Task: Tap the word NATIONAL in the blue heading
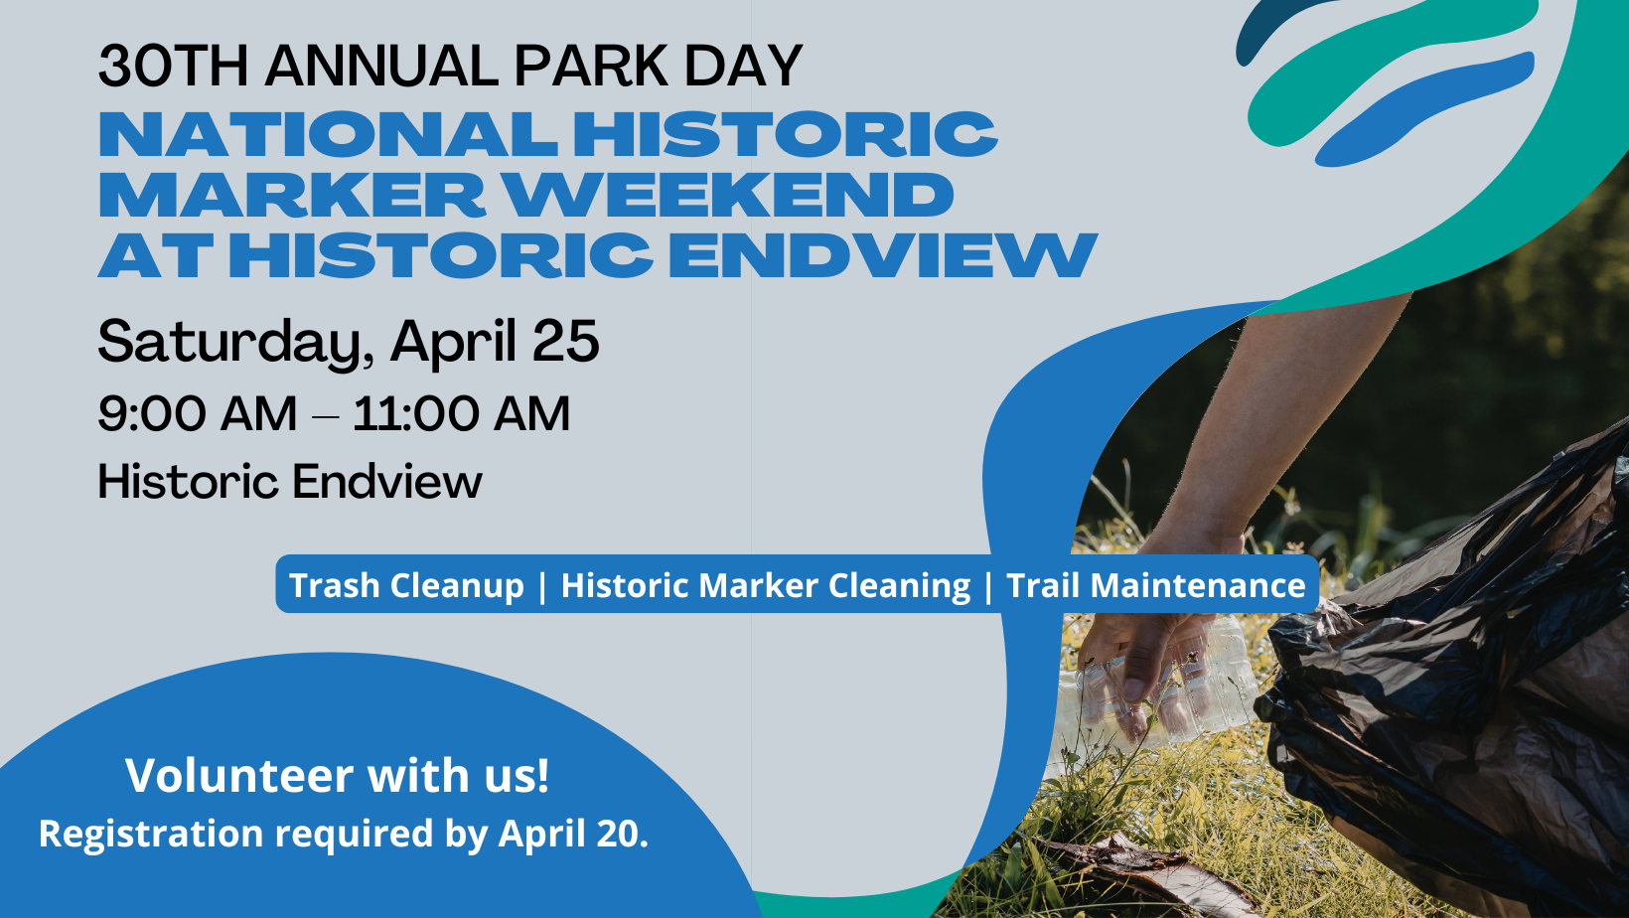point(328,134)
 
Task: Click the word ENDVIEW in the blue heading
point(883,255)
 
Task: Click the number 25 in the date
point(566,341)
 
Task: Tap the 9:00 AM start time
point(197,414)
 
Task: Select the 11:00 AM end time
point(461,414)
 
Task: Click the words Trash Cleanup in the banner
point(406,585)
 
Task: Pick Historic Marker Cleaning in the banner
point(766,586)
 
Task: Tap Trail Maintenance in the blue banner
point(1155,585)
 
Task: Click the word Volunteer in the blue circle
point(239,775)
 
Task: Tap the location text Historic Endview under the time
point(290,482)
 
